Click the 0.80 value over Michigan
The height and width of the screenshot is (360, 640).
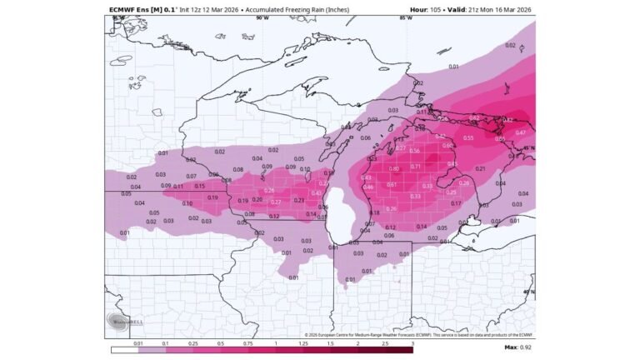pos(394,168)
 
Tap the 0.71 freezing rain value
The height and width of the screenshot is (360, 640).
pos(416,167)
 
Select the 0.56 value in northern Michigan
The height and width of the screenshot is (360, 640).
pos(414,151)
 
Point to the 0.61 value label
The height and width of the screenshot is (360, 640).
pos(392,184)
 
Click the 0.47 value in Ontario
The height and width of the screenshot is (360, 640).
pos(520,133)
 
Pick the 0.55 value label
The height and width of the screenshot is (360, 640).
pos(468,137)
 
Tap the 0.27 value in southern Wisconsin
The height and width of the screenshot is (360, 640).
pos(276,202)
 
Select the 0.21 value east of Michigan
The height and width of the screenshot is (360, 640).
pos(502,170)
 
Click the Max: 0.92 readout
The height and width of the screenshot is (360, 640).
pos(517,347)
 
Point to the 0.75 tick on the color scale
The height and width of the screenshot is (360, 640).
pos(248,342)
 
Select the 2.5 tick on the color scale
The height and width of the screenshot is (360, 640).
pos(385,342)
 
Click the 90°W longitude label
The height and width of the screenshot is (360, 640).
pos(262,17)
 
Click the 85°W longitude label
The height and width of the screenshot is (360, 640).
pos(406,17)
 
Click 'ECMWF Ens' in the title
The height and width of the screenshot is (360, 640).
pos(130,9)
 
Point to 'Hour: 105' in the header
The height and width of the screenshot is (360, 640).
pos(425,9)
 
